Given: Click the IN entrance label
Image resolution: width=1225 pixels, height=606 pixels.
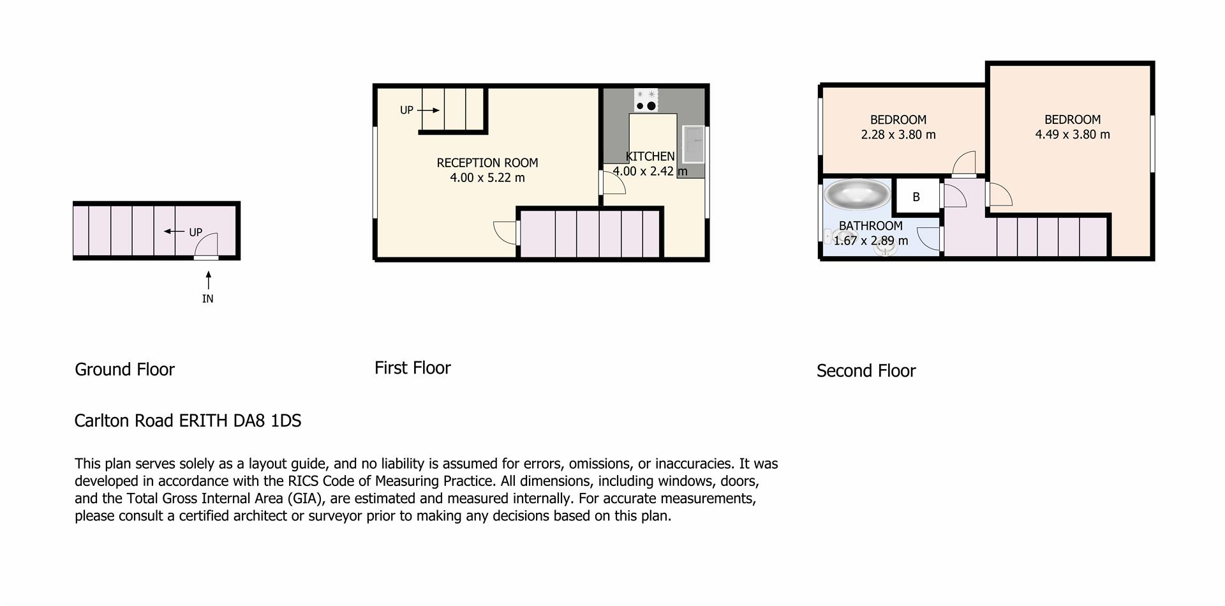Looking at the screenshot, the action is coord(207,299).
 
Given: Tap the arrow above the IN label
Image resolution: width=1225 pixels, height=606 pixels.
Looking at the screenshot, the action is coord(208,280).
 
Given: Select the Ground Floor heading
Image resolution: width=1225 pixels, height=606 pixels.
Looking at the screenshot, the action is coord(124,369).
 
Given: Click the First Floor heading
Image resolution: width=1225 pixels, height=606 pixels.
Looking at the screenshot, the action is coord(412,368).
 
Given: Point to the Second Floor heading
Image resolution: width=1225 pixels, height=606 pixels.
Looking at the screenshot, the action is coord(866,371).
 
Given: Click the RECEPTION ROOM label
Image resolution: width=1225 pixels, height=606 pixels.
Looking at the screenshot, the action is coord(487,163).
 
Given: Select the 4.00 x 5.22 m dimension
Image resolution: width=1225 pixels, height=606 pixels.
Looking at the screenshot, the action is coord(487,178).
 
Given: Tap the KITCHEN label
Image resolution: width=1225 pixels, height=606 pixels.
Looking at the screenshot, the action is coord(650,156).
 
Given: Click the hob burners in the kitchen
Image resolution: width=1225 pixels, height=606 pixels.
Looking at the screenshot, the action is coord(646,100).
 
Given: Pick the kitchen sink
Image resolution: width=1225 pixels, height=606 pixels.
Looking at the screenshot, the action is coord(693,144).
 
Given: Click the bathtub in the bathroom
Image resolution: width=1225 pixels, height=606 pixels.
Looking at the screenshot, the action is coord(857,195).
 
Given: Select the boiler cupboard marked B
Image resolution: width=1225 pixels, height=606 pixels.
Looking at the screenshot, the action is coord(916,197).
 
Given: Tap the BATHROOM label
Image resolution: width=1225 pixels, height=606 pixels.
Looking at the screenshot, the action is coord(870,226).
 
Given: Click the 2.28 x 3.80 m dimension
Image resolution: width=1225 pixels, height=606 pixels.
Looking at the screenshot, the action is coord(898,135).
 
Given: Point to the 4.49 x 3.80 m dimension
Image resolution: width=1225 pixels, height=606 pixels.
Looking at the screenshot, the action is coord(1073,135).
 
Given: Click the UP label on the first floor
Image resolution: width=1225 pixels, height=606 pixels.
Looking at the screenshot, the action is coord(406,110).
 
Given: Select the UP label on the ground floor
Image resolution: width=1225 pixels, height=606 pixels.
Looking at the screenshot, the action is coord(195,232).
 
